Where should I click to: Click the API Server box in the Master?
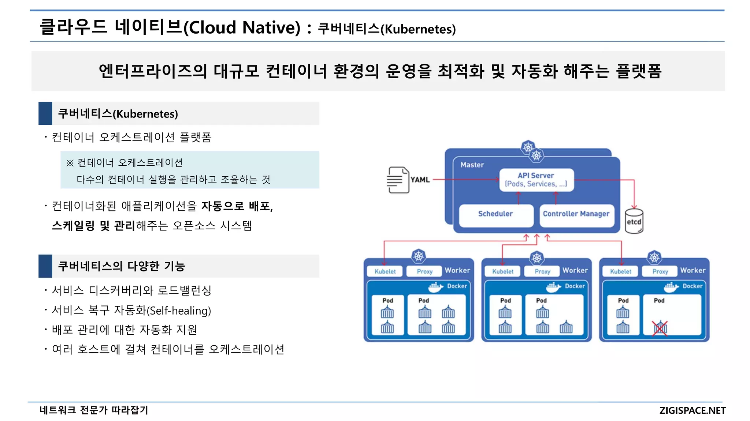coord(536,180)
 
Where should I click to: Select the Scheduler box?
coord(495,214)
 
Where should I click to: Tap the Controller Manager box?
coord(576,214)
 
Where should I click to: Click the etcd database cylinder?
coord(634,221)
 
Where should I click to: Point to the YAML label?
coord(420,180)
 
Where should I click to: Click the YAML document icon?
coord(398,180)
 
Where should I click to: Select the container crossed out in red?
coord(660,328)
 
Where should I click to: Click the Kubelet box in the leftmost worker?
coord(385,271)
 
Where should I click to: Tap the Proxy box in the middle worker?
coord(542,271)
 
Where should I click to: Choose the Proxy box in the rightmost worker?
coord(660,271)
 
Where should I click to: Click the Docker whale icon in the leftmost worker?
coord(435,287)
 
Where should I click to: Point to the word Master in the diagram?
coord(472,165)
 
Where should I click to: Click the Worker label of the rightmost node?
coord(693,270)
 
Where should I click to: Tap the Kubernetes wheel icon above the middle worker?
coord(536,258)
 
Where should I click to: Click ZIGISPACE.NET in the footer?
coord(692,410)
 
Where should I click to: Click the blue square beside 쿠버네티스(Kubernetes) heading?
coord(45,113)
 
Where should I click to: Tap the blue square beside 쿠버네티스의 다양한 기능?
coord(45,266)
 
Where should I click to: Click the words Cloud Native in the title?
coord(242,27)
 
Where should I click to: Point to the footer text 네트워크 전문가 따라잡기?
coord(94,410)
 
